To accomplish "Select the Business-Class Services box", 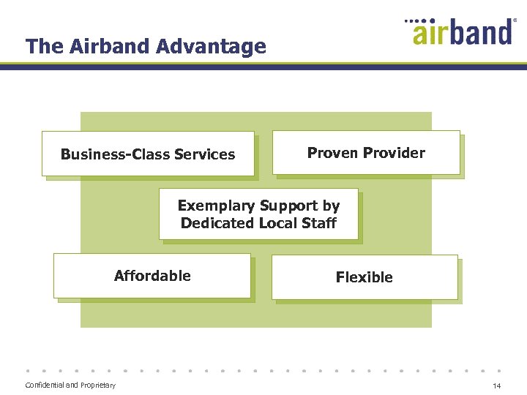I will click(x=148, y=154).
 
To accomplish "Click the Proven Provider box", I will click(x=366, y=153).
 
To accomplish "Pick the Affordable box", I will click(x=152, y=276).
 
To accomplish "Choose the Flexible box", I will click(x=365, y=277).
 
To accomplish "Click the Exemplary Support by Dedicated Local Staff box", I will click(x=258, y=214).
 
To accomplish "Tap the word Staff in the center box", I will click(x=319, y=223).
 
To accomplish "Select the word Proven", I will click(x=333, y=153).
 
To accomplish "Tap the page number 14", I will click(x=496, y=386).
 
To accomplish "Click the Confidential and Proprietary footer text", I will click(x=70, y=385).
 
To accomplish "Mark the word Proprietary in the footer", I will click(x=97, y=385).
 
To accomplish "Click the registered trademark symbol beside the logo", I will click(x=515, y=21).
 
